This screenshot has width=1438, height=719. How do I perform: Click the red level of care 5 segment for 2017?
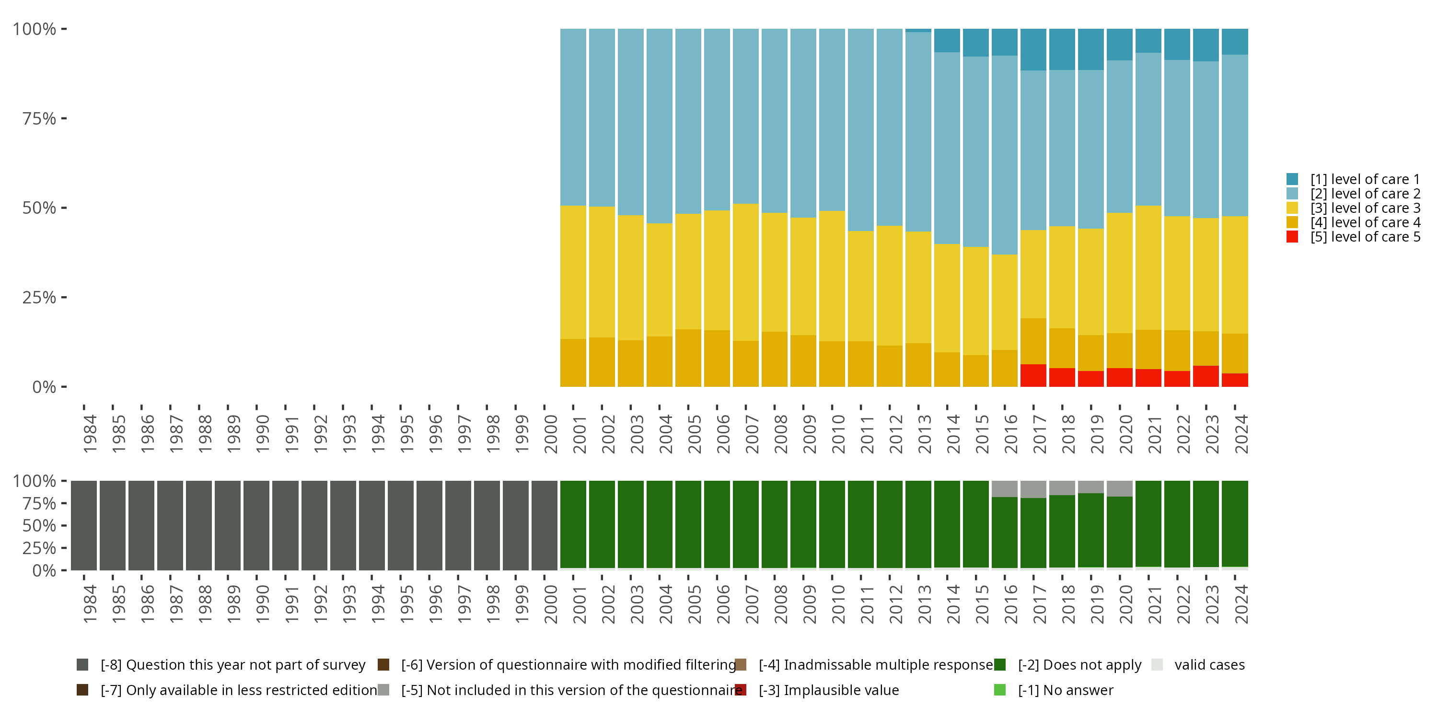click(x=1033, y=375)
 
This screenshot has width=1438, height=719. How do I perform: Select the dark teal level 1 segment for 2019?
click(x=1090, y=49)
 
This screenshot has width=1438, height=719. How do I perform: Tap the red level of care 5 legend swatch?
click(x=1292, y=237)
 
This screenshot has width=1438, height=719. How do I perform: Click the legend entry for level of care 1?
click(x=1364, y=179)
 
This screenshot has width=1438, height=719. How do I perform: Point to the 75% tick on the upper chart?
click(x=39, y=118)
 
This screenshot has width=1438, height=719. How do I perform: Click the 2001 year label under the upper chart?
click(x=580, y=434)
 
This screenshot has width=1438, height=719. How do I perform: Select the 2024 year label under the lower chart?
click(x=1241, y=604)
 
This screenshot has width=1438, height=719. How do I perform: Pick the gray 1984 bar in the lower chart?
click(x=84, y=525)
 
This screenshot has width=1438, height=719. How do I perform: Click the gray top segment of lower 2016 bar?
click(x=1004, y=488)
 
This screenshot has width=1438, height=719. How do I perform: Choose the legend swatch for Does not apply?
click(x=1000, y=665)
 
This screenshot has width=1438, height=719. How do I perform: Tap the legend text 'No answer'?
click(x=1078, y=690)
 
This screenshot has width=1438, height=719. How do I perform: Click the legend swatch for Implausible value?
click(x=741, y=690)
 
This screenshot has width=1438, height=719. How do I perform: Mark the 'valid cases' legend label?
click(x=1209, y=665)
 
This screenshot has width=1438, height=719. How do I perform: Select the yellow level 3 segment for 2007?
click(x=745, y=272)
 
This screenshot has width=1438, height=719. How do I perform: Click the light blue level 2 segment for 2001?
click(x=573, y=117)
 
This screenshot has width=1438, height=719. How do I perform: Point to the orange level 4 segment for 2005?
click(x=688, y=358)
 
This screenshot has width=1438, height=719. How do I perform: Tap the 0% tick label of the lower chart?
click(x=44, y=570)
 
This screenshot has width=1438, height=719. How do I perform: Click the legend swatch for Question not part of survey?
click(x=82, y=665)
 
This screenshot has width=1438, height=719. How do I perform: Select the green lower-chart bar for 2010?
click(x=832, y=525)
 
